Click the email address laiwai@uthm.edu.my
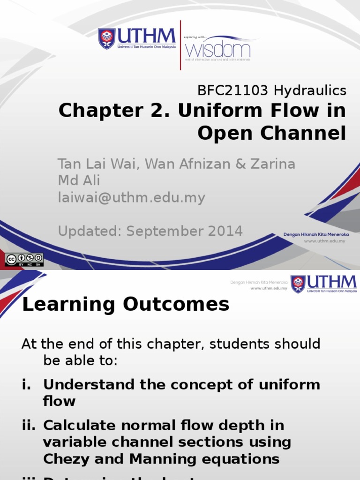click(x=131, y=198)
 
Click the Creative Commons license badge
click(x=24, y=260)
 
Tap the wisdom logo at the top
click(x=218, y=49)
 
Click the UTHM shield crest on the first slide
click(x=106, y=38)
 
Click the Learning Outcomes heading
click(x=126, y=305)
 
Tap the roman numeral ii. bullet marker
click(x=30, y=426)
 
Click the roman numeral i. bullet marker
click(x=26, y=385)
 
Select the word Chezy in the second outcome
click(x=66, y=459)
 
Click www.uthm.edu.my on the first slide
click(x=324, y=241)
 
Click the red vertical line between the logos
click(x=180, y=45)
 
